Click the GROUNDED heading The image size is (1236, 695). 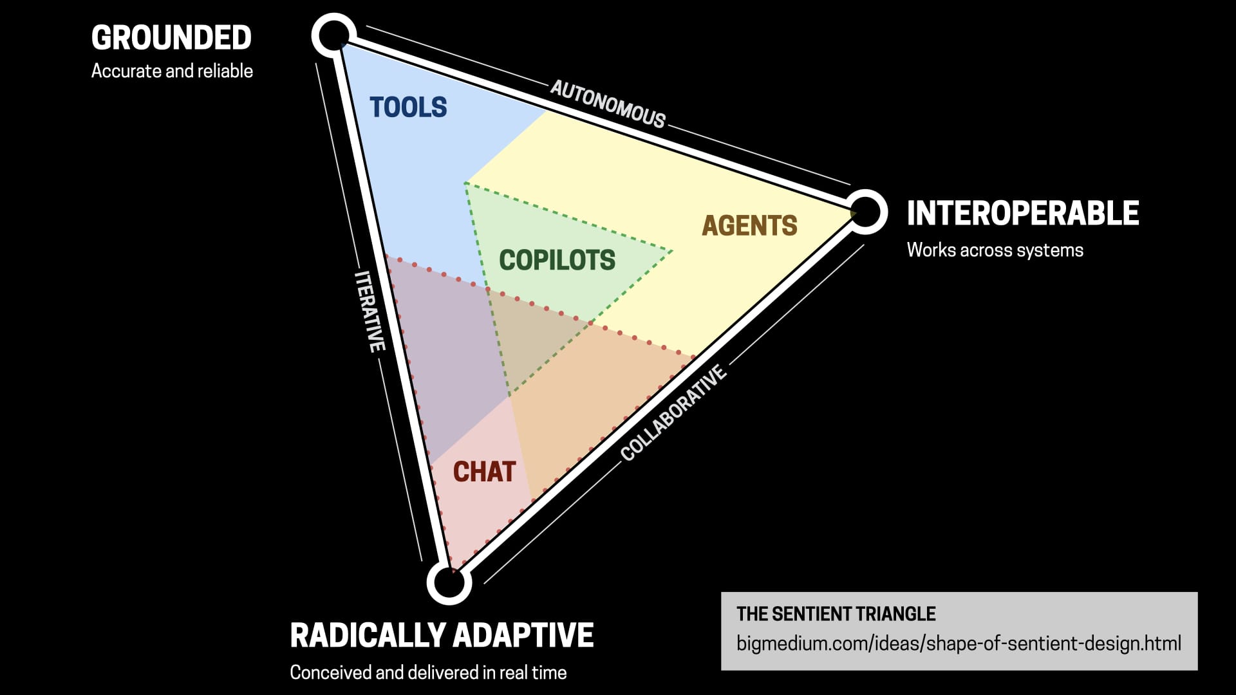tap(171, 38)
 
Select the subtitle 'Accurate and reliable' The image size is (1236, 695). tap(172, 71)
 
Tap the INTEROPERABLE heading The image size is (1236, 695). tap(1022, 214)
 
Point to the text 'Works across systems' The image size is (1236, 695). tap(995, 250)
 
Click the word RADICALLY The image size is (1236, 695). tap(368, 635)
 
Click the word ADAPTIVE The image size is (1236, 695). tap(523, 635)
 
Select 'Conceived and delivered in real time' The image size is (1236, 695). tap(428, 672)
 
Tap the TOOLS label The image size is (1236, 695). tap(408, 107)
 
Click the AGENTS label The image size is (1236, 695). tap(749, 226)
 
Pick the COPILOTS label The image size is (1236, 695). tap(557, 260)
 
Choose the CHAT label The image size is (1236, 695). tap(484, 472)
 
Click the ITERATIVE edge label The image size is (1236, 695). tap(370, 311)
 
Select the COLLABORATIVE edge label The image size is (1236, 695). tap(673, 413)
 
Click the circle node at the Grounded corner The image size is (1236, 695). tap(333, 35)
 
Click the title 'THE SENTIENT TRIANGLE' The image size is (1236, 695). tap(836, 614)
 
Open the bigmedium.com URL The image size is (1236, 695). tap(959, 643)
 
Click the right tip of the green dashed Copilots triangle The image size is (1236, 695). tap(671, 251)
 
